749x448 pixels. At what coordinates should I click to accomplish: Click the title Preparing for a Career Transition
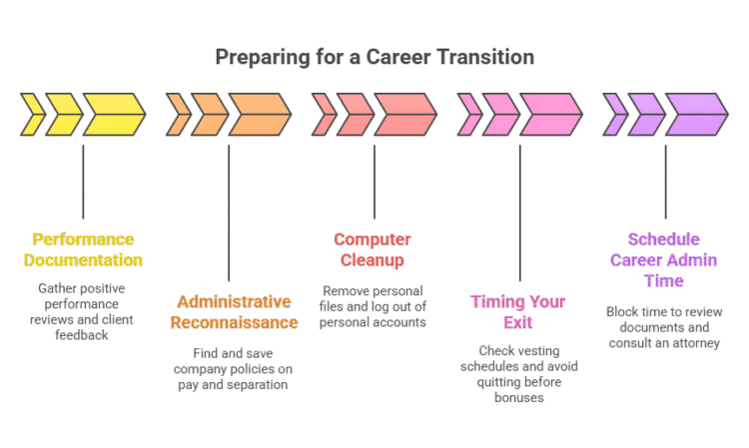(x=374, y=57)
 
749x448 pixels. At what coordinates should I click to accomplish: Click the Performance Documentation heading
(x=83, y=250)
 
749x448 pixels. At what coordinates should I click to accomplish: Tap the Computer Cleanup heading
(x=373, y=250)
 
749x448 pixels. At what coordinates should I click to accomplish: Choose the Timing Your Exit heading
(x=518, y=312)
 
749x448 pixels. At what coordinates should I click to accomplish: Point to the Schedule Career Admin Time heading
(x=664, y=260)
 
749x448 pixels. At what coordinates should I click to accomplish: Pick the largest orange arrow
(x=260, y=115)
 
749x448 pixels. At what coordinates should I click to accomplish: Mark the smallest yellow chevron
(x=33, y=115)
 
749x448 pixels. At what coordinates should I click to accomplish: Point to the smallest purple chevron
(x=616, y=115)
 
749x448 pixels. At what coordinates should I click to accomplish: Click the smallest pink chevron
(x=470, y=115)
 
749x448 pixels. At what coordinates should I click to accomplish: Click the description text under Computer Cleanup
(x=373, y=306)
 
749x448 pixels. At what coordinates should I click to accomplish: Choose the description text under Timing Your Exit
(x=518, y=373)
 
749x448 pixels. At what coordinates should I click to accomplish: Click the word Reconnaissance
(x=234, y=322)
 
